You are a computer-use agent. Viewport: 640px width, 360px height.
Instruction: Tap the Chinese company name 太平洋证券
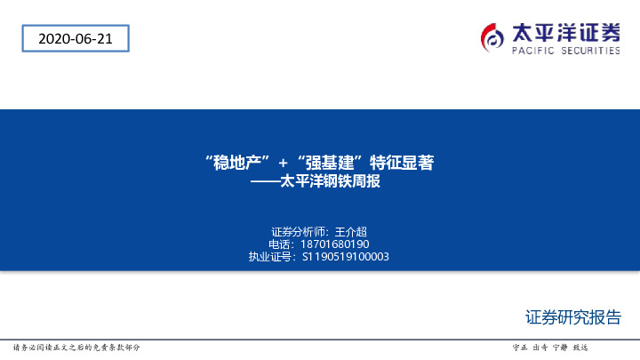coord(566,33)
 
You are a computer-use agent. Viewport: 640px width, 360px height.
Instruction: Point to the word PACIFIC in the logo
coord(532,52)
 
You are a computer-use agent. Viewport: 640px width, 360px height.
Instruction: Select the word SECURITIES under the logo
coord(588,52)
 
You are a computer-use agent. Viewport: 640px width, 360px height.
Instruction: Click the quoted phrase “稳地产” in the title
coord(236,163)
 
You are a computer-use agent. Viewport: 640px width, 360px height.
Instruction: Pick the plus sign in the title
coord(284,163)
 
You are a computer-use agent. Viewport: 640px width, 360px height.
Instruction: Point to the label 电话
coord(279,244)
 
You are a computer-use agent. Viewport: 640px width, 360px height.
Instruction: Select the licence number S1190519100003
coord(346,257)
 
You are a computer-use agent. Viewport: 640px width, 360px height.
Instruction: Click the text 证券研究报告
coord(572,317)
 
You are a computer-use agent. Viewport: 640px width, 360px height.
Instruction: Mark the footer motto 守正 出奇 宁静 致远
coord(551,347)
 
